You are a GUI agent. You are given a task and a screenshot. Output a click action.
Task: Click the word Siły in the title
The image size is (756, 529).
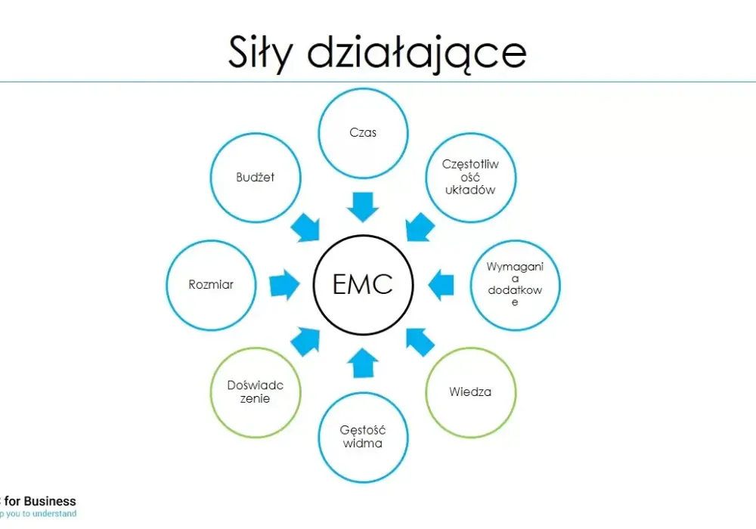coord(260,52)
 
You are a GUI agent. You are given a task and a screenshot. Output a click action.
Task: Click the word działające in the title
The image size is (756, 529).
coord(417,53)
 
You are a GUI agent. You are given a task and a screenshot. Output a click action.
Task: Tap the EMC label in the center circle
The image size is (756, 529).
coord(363,284)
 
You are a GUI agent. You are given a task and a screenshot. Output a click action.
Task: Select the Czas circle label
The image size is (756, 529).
coord(363,132)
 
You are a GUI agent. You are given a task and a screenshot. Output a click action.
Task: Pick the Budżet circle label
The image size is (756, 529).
coord(255,178)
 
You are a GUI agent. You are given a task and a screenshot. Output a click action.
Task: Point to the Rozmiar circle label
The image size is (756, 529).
coord(211,285)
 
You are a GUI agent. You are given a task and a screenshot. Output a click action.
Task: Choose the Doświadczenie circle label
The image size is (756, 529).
coord(255,391)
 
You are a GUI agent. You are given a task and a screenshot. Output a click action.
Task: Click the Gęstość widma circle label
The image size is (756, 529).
coord(363,437)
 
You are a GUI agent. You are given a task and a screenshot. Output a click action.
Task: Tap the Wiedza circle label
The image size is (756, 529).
coord(470,391)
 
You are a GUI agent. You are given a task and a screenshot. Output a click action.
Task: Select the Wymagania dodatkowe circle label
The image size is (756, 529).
coord(515,284)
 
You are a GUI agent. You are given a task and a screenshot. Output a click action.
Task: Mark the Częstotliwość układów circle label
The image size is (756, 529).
coord(470,177)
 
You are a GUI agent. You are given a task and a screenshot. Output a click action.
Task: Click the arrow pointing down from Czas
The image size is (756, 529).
coord(363,207)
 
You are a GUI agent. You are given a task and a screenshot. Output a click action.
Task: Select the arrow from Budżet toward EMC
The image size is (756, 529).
coord(305,227)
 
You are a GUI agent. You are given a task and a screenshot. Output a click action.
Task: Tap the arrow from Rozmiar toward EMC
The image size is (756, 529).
coord(284,285)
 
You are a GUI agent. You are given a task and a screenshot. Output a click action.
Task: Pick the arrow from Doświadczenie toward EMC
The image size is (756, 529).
coord(305,342)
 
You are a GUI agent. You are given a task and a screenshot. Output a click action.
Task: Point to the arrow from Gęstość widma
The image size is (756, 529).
coord(363,363)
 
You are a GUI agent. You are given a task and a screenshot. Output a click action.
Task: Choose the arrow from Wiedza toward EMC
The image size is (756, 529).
coord(420,342)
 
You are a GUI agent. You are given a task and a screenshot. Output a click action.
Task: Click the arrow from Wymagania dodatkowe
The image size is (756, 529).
coord(441,285)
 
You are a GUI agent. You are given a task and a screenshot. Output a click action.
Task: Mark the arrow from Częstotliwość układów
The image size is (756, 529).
coord(420,227)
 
